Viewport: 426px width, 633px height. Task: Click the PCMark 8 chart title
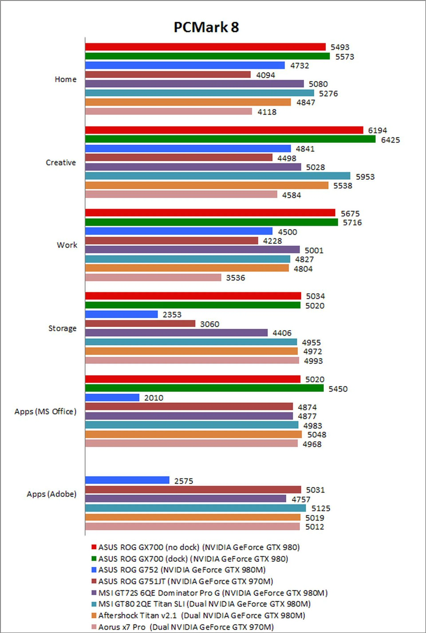[x=206, y=27]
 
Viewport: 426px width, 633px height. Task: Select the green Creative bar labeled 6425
[x=230, y=139]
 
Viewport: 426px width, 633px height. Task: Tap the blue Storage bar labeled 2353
[x=121, y=315]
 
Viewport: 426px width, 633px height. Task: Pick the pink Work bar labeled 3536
[x=153, y=277]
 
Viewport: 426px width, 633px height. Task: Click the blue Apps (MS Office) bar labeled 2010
[x=112, y=397]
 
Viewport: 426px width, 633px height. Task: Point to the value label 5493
[x=340, y=47]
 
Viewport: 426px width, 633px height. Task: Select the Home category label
[x=65, y=79]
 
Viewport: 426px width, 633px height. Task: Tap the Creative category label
[x=61, y=162]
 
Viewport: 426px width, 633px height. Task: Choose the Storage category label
[x=62, y=328]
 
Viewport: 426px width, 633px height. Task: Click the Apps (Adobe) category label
[x=51, y=494]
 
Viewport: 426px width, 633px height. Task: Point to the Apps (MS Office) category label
[x=45, y=411]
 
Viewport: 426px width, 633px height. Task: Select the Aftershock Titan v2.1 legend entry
[x=201, y=615]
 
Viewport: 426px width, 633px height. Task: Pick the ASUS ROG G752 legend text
[x=181, y=569]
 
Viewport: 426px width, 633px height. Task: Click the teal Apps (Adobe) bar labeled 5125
[x=195, y=508]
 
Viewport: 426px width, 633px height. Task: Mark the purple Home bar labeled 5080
[x=194, y=84]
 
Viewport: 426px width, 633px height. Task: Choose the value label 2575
[x=183, y=481]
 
